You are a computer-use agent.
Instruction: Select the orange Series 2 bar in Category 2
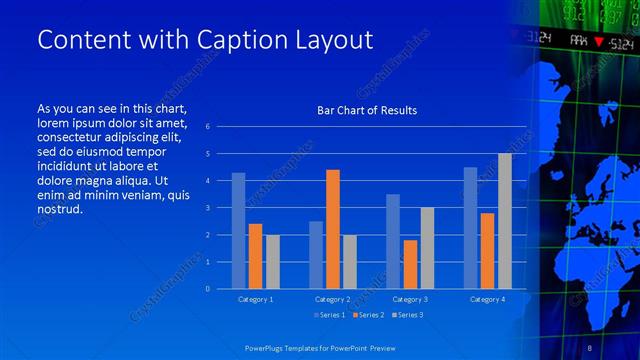[x=333, y=229]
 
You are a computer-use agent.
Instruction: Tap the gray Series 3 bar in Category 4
[x=505, y=221]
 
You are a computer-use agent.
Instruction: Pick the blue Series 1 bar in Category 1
[x=238, y=230]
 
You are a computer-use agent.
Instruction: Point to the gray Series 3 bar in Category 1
[x=273, y=261]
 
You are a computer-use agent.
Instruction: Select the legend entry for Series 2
[x=368, y=316]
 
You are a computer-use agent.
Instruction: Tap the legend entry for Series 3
[x=407, y=316]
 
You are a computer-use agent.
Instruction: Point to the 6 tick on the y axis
[x=207, y=127]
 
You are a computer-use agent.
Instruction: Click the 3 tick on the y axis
[x=207, y=208]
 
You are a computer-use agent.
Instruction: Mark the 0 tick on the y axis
[x=207, y=289]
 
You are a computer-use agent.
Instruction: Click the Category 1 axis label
[x=255, y=299]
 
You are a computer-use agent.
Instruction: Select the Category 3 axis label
[x=410, y=299]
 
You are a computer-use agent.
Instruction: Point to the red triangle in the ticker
[x=598, y=41]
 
